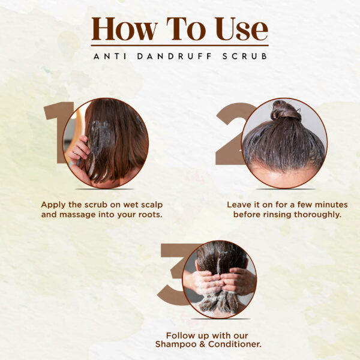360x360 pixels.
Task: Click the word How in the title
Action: [x=124, y=29]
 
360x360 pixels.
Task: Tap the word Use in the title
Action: [x=242, y=29]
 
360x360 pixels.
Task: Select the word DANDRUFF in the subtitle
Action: [x=174, y=56]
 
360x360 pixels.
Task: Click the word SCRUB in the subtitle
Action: [x=245, y=56]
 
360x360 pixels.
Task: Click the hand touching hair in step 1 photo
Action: [x=79, y=151]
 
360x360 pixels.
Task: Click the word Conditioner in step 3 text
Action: [x=235, y=344]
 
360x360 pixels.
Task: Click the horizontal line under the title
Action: [x=180, y=46]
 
